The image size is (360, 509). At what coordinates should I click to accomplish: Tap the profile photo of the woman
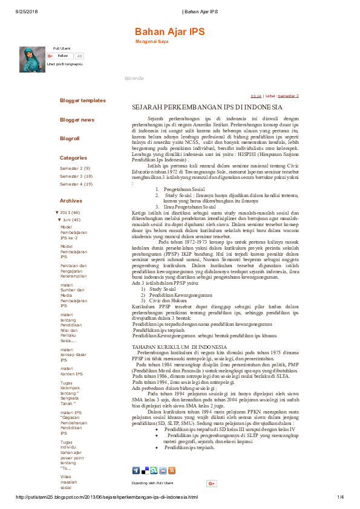[x=32, y=60]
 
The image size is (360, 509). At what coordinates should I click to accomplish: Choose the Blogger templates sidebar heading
[x=82, y=100]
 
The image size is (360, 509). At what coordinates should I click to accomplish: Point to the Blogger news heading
[x=77, y=120]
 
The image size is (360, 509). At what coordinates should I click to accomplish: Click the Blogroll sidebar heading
[x=70, y=138]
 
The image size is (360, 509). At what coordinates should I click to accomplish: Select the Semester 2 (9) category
[x=75, y=167]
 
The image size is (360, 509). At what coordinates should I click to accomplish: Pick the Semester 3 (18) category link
[x=76, y=176]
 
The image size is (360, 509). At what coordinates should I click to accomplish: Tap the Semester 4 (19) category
[x=76, y=184]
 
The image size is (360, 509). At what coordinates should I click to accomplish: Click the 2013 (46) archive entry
[x=69, y=213]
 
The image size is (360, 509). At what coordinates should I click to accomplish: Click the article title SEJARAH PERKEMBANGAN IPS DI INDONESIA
[x=198, y=107]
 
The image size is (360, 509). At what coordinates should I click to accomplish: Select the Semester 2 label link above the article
[x=289, y=96]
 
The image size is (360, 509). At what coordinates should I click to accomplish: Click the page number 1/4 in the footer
[x=341, y=497]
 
